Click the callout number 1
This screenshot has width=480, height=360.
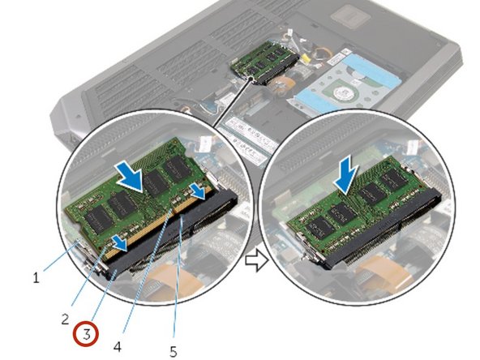(x=36, y=277)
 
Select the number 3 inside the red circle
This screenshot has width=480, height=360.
(x=88, y=332)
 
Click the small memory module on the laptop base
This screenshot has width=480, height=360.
(x=260, y=64)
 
